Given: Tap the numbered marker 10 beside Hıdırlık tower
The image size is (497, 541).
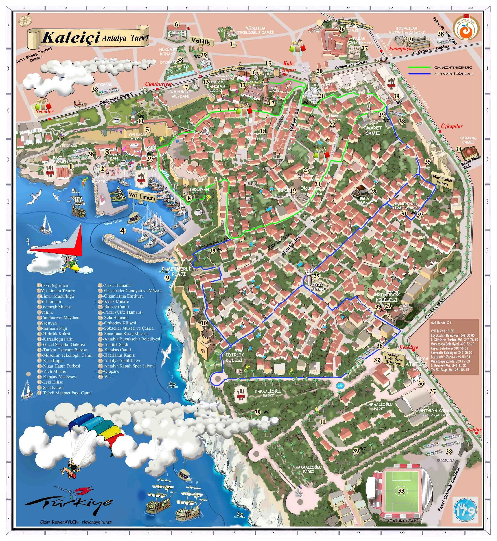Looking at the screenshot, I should [204, 323].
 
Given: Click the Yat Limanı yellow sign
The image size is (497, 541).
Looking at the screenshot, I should [142, 196].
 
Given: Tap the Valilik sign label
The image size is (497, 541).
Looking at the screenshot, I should [202, 41].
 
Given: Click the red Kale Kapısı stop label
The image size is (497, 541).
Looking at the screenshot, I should [289, 66].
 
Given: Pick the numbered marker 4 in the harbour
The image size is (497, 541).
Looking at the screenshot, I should [123, 231].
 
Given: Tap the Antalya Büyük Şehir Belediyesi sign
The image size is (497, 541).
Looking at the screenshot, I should [393, 359].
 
